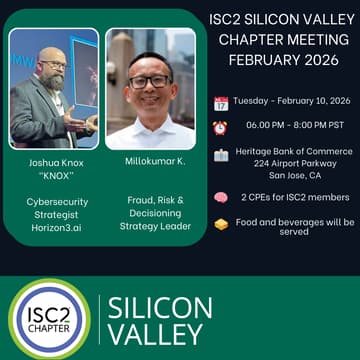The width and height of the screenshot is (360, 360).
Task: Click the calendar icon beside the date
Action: click(220, 103)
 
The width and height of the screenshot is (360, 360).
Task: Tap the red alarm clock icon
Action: click(220, 128)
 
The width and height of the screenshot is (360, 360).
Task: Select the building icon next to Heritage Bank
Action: click(220, 155)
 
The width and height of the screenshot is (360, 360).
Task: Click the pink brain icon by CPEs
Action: click(220, 197)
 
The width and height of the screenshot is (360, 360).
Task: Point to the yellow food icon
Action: click(220, 224)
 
